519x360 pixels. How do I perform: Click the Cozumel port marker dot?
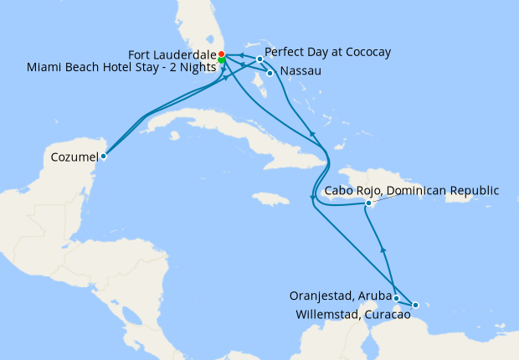(x=104, y=156)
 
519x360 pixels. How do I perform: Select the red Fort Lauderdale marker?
(x=221, y=54)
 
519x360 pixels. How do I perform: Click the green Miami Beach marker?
(x=221, y=60)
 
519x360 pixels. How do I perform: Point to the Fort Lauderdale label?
(x=172, y=54)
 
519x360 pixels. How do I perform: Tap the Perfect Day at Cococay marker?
(x=260, y=59)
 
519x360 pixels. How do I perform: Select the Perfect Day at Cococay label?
(x=327, y=53)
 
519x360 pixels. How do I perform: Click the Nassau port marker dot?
(x=270, y=73)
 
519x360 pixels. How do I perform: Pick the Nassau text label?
(x=299, y=72)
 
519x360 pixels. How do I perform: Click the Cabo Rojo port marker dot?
(x=368, y=203)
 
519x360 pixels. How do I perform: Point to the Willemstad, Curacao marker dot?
(x=415, y=305)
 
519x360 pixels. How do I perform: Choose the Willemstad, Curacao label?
(x=353, y=315)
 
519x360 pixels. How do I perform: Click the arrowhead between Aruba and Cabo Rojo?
(x=383, y=250)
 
